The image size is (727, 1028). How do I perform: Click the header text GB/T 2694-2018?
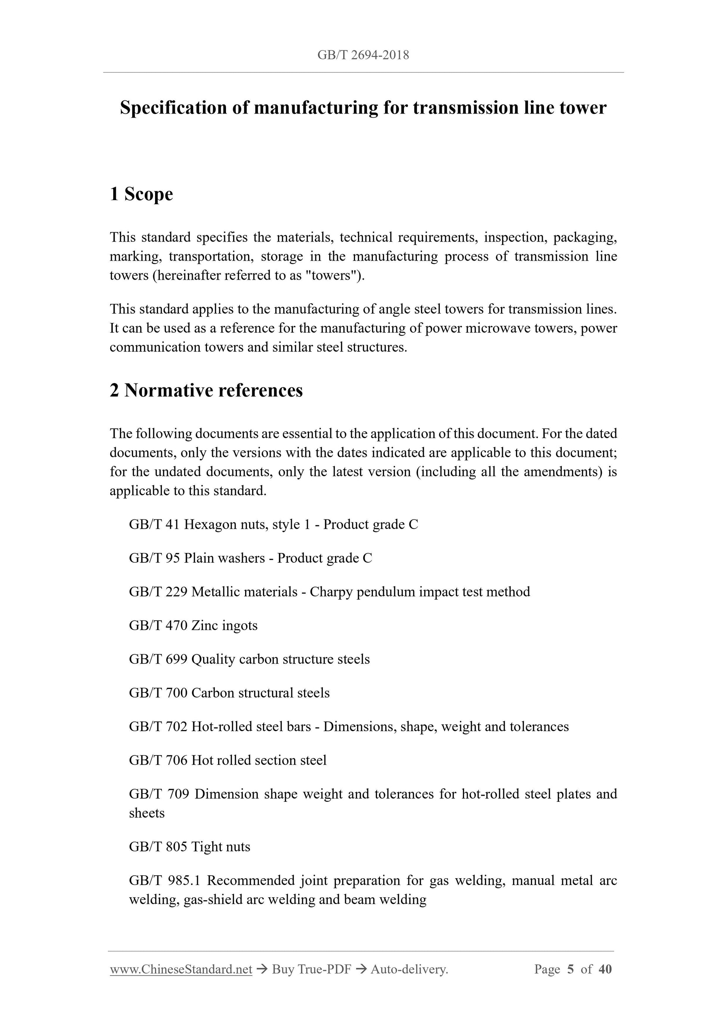tap(363, 55)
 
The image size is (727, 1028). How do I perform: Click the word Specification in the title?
tap(173, 108)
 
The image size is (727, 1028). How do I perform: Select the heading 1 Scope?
tap(141, 194)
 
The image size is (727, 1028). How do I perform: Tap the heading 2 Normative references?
tap(206, 391)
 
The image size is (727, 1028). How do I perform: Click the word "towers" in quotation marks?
tap(330, 275)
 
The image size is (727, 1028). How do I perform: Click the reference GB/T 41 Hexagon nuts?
tap(273, 524)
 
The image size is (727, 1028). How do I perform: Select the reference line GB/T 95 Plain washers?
tap(250, 558)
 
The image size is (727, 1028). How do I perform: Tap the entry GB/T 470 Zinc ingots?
tap(193, 625)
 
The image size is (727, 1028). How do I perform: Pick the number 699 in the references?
tap(176, 659)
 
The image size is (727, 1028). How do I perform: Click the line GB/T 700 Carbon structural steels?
tap(229, 693)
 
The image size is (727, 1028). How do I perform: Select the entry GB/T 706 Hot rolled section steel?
tap(228, 760)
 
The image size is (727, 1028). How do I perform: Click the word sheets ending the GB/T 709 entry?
tap(146, 813)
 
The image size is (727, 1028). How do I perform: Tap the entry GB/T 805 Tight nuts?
tap(189, 847)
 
